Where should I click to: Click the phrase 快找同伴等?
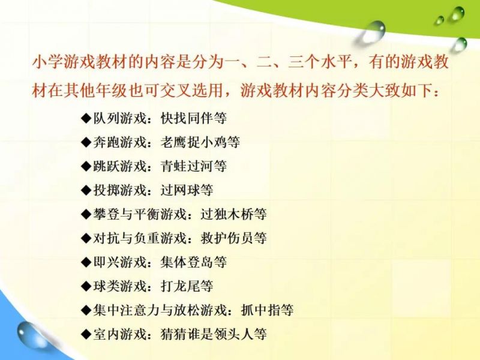[x=193, y=118]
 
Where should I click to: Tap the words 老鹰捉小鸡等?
[x=200, y=142]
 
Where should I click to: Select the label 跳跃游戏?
[x=119, y=166]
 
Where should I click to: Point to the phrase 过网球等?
[x=187, y=190]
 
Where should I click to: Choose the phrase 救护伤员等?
[x=233, y=238]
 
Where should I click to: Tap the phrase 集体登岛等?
[x=193, y=262]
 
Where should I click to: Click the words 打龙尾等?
[x=187, y=286]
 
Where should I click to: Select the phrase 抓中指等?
[x=267, y=310]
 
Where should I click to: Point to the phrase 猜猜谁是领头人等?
[x=214, y=334]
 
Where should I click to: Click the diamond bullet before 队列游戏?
[x=86, y=118]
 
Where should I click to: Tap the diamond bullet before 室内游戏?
[x=86, y=334]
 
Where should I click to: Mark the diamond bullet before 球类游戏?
[x=86, y=286]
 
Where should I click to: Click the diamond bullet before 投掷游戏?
[x=86, y=190]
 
